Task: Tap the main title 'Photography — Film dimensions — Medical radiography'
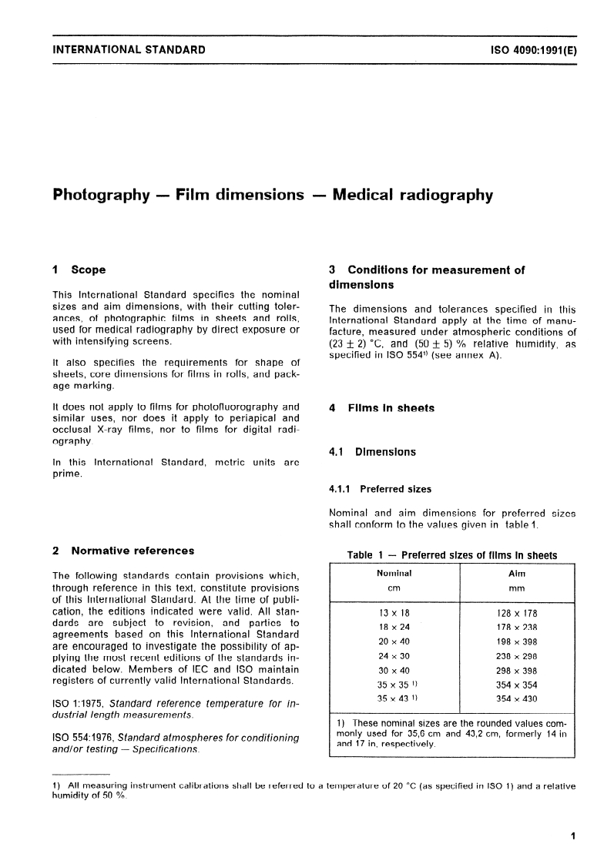(273, 195)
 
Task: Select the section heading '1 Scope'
(79, 270)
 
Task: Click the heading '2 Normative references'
(122, 551)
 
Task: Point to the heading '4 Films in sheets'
(381, 408)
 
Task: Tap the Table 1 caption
(451, 555)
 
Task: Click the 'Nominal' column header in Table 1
(394, 574)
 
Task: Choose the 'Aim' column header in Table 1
(517, 574)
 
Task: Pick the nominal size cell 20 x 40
(394, 642)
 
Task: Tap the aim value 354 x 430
(517, 699)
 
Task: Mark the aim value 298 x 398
(517, 671)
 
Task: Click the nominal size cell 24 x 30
(394, 657)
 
